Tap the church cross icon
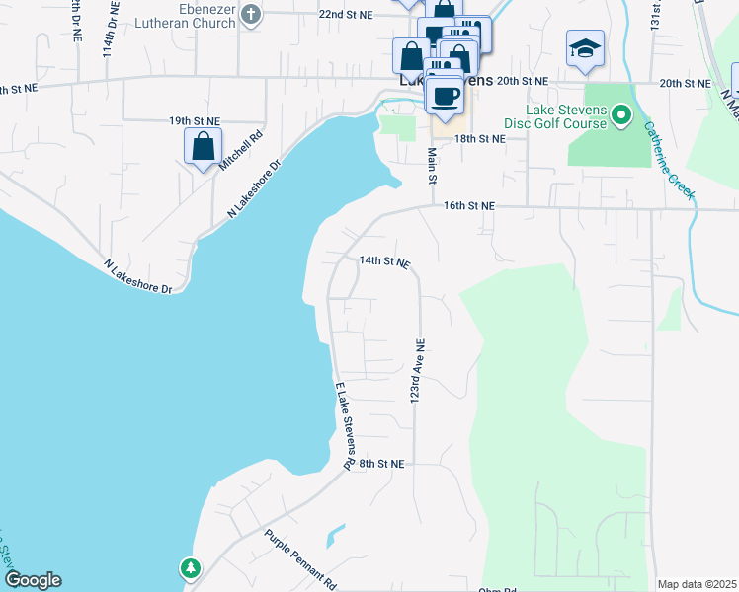pos(252,15)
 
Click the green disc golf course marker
pos(621,116)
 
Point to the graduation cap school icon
pos(585,47)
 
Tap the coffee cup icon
pos(446,96)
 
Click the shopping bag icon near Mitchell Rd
pos(203,147)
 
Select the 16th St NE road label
pos(468,206)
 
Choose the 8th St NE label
pos(382,463)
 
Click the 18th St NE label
pos(479,139)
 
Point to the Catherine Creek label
pos(668,160)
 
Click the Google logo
pos(33,580)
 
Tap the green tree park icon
pos(190,568)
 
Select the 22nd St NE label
pos(345,15)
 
